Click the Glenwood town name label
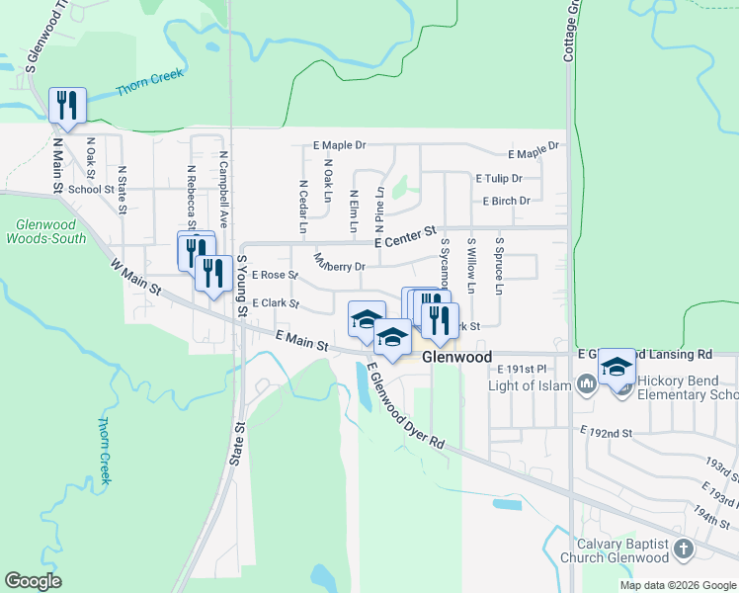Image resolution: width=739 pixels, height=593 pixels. [x=456, y=357]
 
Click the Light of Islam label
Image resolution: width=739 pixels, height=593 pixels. [x=534, y=383]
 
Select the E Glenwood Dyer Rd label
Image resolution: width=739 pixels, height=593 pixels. [x=405, y=407]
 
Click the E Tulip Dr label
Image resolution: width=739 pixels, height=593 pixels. [x=499, y=179]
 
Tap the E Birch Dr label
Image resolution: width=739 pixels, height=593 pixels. [x=507, y=201]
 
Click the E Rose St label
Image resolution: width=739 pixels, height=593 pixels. [x=275, y=275]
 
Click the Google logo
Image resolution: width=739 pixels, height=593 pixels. [x=34, y=580]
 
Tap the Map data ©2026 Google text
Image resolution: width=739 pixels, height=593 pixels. [x=677, y=585]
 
